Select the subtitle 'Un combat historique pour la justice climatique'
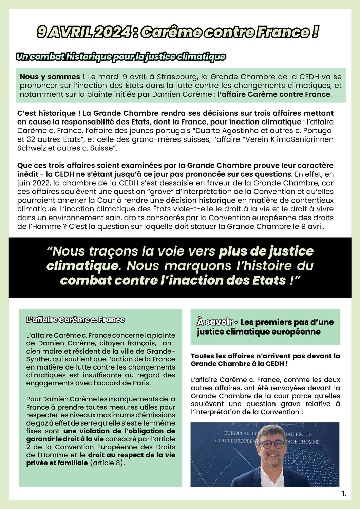(121, 57)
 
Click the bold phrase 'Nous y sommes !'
(52, 77)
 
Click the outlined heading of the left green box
(76, 320)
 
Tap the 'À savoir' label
(215, 322)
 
